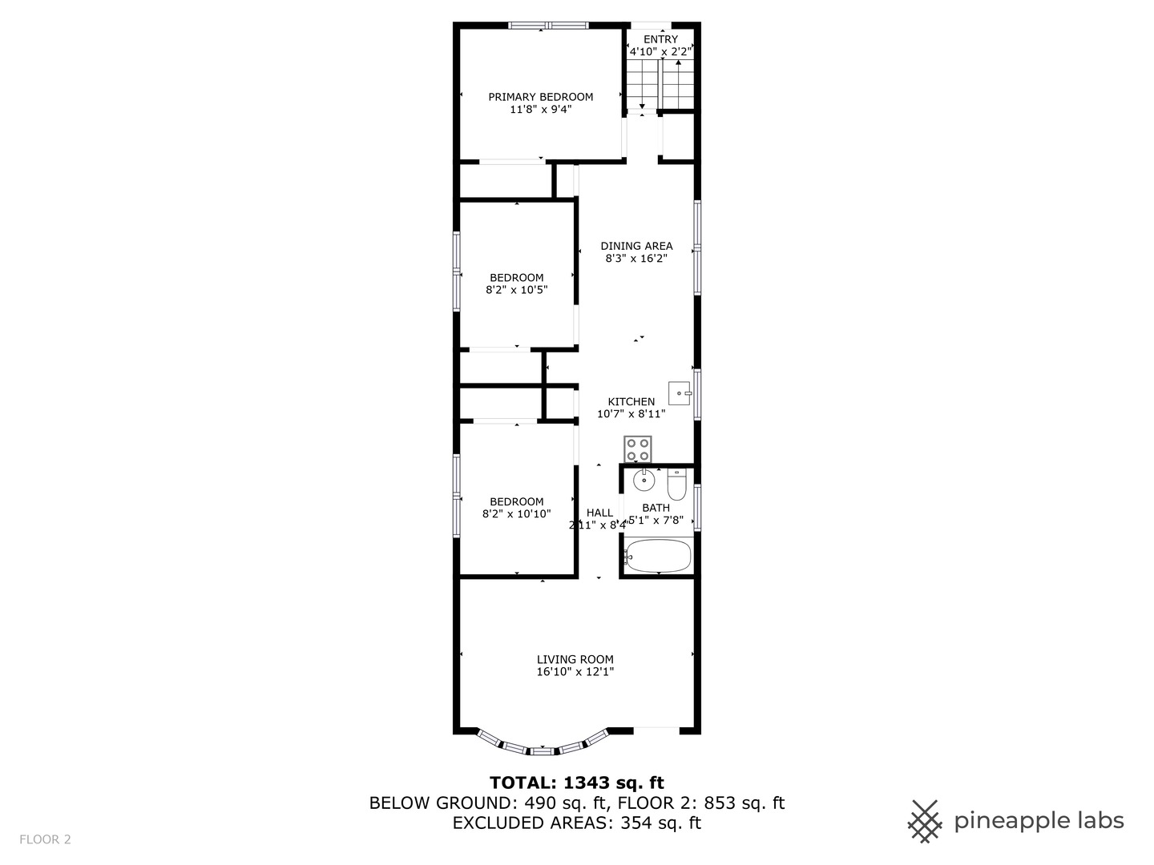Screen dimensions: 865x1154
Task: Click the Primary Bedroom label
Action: tap(541, 97)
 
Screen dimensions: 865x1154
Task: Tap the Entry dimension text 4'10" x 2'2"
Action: tap(660, 52)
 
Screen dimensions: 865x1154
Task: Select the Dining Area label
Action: tap(636, 246)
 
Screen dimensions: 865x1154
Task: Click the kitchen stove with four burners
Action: tap(638, 449)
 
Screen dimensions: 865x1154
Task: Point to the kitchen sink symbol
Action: tap(680, 393)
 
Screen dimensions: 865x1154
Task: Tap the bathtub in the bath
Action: tap(658, 556)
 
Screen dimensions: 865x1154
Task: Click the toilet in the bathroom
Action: tap(677, 485)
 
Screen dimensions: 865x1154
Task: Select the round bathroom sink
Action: tap(644, 482)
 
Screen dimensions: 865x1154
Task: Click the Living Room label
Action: tap(575, 659)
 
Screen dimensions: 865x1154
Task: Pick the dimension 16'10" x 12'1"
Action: tap(575, 673)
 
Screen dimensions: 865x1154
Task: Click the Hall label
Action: tap(599, 513)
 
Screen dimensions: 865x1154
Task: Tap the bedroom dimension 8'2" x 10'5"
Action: tap(517, 290)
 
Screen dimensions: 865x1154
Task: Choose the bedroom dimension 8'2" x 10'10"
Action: tap(517, 514)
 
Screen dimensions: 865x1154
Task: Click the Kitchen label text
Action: tap(631, 401)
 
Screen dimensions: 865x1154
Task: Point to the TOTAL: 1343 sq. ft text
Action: tap(577, 783)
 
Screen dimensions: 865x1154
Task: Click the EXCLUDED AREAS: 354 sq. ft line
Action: tap(577, 823)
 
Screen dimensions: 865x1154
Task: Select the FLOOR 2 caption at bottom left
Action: tap(46, 839)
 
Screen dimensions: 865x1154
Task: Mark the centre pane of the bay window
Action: tap(543, 750)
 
